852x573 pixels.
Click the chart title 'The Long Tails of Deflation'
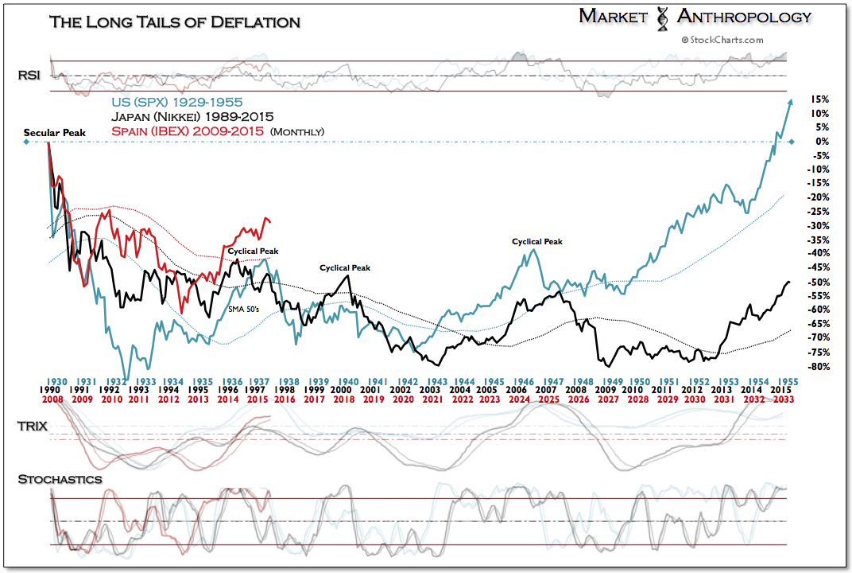(175, 21)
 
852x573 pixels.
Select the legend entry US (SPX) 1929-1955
(176, 102)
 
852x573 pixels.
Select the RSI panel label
(29, 76)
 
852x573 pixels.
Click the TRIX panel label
(31, 427)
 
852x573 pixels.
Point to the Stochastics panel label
(60, 479)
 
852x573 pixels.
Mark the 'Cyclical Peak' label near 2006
(536, 241)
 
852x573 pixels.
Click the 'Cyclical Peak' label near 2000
(345, 268)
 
